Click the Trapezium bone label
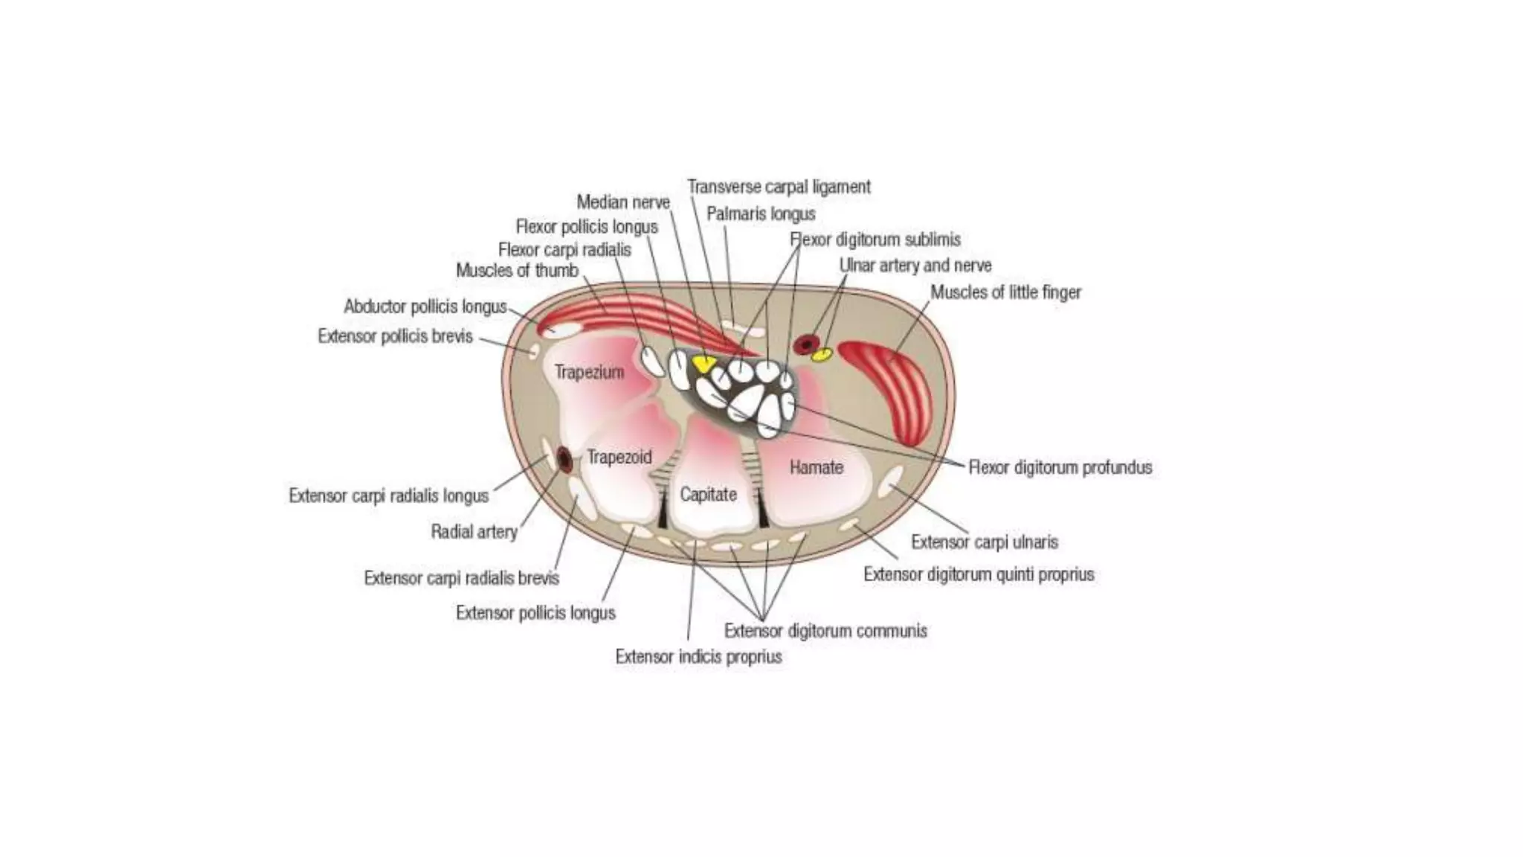coord(588,372)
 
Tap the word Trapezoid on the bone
coord(619,457)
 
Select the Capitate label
coord(708,495)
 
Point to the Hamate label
coord(816,467)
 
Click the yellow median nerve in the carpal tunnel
coord(703,364)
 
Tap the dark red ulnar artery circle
coord(806,344)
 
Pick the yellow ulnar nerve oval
coord(821,355)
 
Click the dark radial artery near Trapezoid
coord(564,460)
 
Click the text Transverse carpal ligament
coord(779,187)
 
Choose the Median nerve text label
coord(623,202)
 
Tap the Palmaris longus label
coord(761,214)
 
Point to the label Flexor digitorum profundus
coord(1060,467)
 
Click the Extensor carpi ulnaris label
coord(985,542)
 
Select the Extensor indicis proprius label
coord(698,657)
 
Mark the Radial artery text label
coord(474,531)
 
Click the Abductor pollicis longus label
coord(425,306)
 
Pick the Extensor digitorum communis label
coord(825,631)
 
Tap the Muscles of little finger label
coord(1005,292)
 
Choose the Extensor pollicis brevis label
coord(395,336)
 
